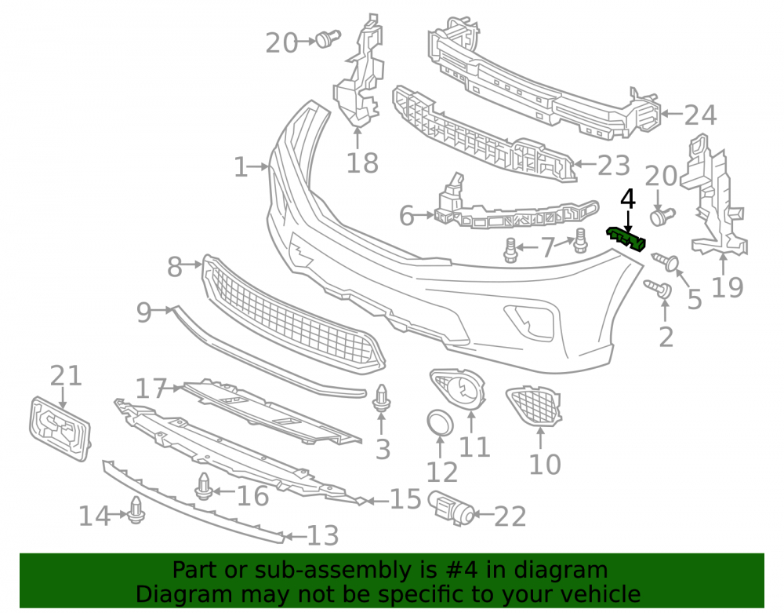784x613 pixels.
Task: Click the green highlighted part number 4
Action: pos(626,239)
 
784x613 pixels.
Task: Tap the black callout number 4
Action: pos(627,199)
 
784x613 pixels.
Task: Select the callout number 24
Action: pos(700,115)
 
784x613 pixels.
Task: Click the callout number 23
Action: pos(613,166)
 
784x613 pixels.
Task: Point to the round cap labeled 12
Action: pos(440,422)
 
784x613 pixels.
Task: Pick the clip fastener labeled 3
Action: pos(382,398)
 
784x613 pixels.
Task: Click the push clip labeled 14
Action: pos(136,510)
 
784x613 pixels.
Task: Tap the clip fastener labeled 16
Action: pos(203,487)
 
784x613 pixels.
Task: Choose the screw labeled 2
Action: pos(658,289)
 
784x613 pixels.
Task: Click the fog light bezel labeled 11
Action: pos(458,391)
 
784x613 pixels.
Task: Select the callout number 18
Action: pos(362,162)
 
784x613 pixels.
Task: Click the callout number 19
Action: pos(728,287)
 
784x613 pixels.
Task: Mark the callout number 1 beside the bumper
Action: pos(241,167)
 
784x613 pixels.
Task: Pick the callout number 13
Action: pos(322,535)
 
